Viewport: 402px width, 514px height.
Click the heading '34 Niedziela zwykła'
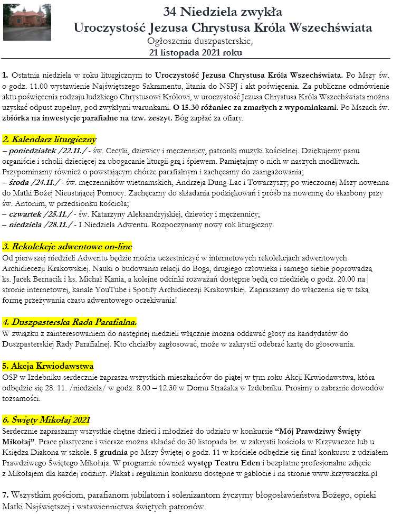point(223,11)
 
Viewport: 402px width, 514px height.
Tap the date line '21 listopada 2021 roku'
point(196,52)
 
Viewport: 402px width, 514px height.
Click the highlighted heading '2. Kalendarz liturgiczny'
point(49,139)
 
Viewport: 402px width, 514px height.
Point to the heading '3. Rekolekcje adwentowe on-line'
point(67,247)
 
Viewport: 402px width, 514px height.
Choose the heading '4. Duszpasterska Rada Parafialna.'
point(70,322)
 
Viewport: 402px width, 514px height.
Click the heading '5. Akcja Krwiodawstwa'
point(48,366)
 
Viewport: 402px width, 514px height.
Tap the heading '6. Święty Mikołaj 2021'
point(46,420)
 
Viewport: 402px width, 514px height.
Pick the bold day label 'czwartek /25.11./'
point(41,214)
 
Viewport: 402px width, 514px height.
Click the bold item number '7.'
point(6,496)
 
